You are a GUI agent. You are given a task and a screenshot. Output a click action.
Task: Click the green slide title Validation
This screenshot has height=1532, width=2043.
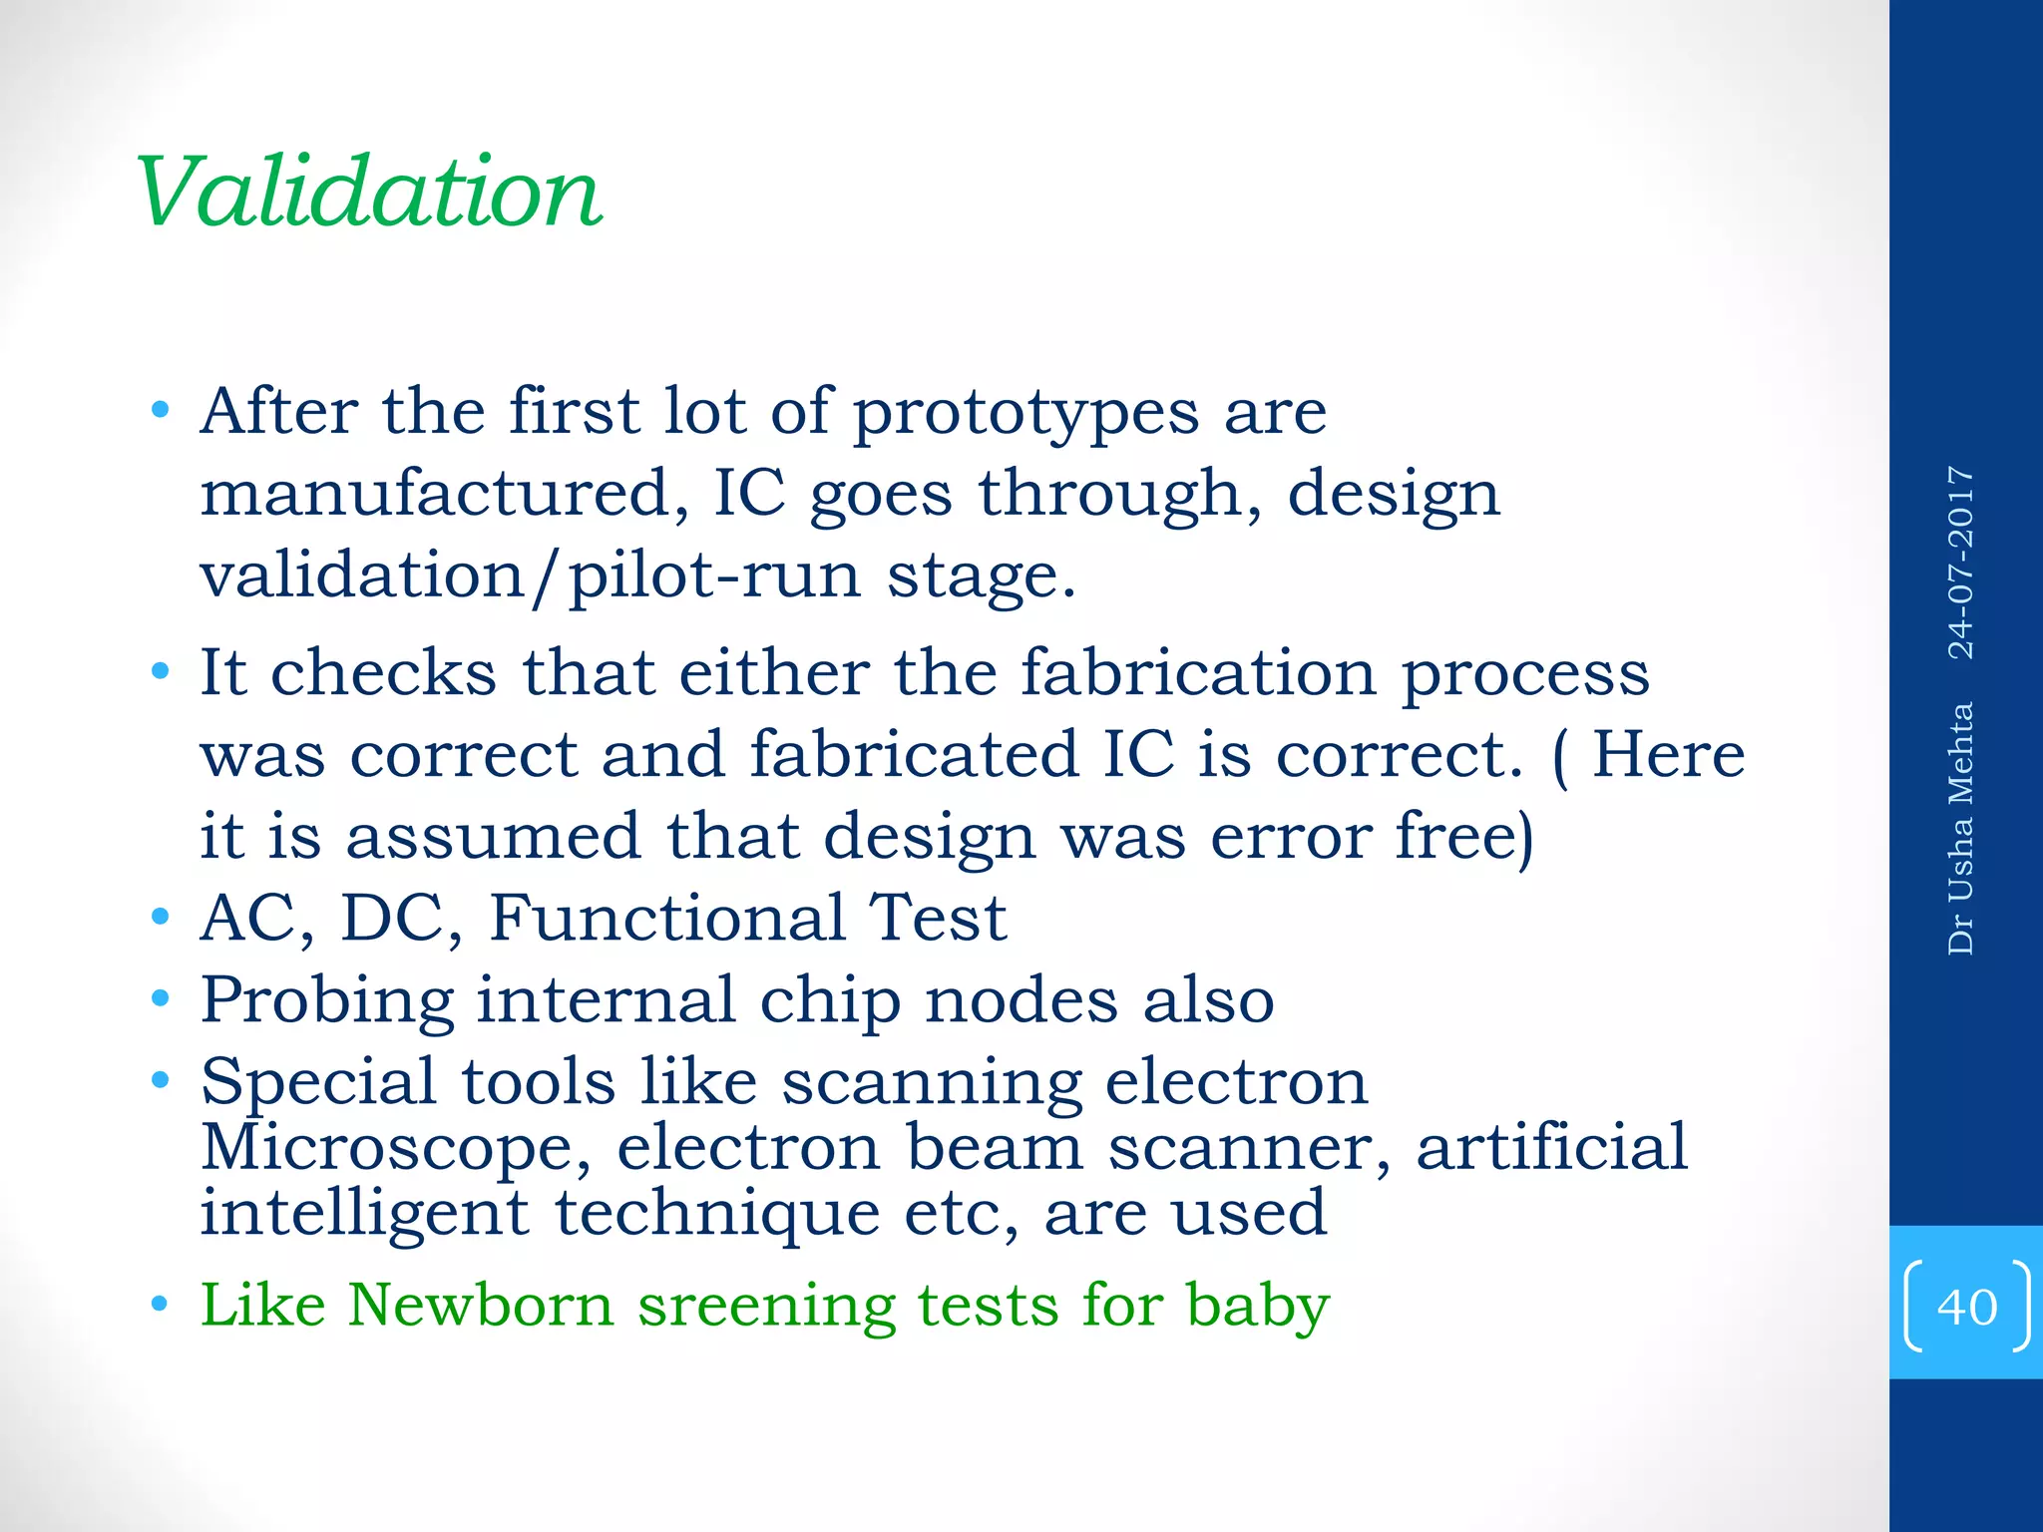click(369, 191)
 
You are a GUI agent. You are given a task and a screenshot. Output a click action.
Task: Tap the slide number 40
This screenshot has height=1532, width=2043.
click(1966, 1307)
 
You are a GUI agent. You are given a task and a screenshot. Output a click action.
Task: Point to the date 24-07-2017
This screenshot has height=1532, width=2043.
click(1961, 563)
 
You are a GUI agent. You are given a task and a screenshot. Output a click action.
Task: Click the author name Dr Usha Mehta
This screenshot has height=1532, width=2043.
click(1961, 828)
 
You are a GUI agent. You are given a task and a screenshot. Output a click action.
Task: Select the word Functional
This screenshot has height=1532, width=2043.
click(666, 918)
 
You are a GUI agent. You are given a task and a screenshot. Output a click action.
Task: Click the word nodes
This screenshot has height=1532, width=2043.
click(1021, 1000)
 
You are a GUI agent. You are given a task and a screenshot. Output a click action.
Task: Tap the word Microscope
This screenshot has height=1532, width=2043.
click(395, 1149)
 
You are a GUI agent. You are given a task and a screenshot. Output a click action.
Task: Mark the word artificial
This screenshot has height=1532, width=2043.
click(1551, 1147)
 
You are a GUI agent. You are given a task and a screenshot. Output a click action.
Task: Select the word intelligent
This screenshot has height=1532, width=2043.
click(364, 1215)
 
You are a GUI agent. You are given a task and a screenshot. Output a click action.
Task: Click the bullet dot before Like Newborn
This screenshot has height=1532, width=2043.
click(160, 1305)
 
